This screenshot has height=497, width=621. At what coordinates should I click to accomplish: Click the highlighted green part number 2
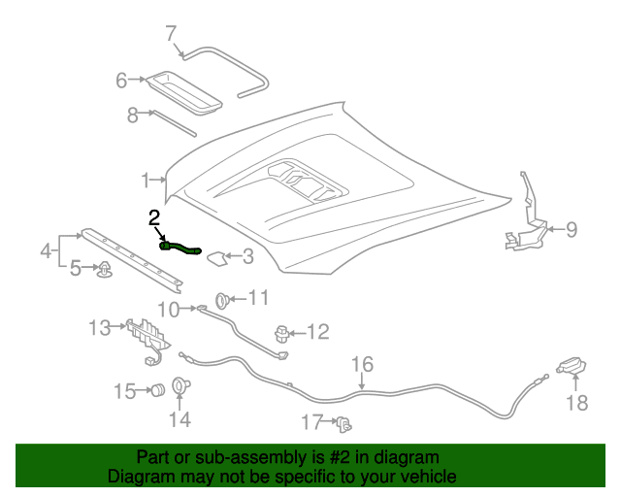click(x=180, y=248)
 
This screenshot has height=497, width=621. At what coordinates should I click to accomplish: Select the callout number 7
click(x=171, y=33)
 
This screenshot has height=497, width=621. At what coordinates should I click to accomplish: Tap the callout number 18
click(x=577, y=403)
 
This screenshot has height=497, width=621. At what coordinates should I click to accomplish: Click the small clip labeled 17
click(x=344, y=423)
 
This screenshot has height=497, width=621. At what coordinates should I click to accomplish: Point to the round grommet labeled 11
click(x=222, y=300)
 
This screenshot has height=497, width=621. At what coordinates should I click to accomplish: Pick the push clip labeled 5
click(x=104, y=270)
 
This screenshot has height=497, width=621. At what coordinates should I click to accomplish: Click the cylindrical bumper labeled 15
click(x=158, y=390)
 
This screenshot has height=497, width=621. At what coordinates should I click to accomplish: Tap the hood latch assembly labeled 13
click(x=148, y=340)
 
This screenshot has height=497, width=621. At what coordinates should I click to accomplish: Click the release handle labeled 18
click(x=572, y=365)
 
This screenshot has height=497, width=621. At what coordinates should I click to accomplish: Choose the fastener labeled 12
click(x=281, y=334)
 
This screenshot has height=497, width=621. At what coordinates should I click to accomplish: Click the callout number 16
click(x=362, y=365)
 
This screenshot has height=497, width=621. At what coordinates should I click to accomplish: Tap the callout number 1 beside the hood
click(x=146, y=181)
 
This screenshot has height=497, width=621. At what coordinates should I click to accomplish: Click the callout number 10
click(x=169, y=310)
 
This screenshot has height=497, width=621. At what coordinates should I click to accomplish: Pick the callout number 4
click(x=47, y=250)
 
